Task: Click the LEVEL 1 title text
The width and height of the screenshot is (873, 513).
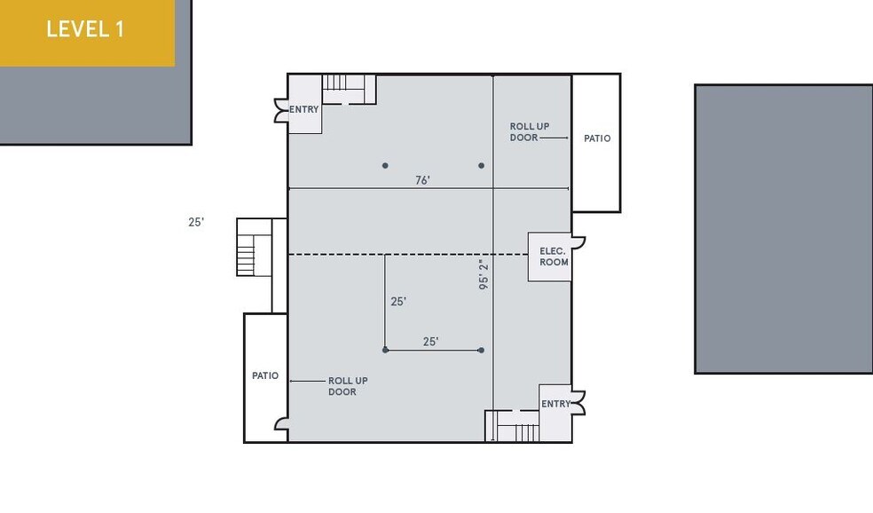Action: (x=85, y=28)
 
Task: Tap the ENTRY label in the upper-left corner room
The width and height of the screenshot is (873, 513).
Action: (x=303, y=109)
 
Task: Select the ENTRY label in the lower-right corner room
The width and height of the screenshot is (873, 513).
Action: (x=555, y=404)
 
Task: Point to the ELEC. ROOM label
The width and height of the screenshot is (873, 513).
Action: (x=553, y=256)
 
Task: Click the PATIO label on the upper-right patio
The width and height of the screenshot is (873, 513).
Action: (x=597, y=138)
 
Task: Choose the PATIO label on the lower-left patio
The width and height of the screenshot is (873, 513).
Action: (x=265, y=375)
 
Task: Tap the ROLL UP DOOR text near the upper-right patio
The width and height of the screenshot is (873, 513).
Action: (x=530, y=132)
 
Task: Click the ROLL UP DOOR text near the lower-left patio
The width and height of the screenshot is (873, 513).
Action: (x=348, y=386)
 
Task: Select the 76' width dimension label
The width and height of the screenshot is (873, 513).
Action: (x=422, y=180)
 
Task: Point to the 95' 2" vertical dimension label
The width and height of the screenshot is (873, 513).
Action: (x=484, y=275)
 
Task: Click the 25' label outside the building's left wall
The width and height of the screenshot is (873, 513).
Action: (x=196, y=223)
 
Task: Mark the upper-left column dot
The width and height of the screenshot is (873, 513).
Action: (x=385, y=165)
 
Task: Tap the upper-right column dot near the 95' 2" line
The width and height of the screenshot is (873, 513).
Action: (x=482, y=165)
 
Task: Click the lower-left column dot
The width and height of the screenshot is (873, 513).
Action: (x=385, y=350)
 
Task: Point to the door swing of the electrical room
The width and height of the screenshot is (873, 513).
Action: (x=578, y=241)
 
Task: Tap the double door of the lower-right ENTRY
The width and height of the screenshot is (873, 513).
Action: (x=579, y=403)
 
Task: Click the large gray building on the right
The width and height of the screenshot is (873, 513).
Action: (x=783, y=229)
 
